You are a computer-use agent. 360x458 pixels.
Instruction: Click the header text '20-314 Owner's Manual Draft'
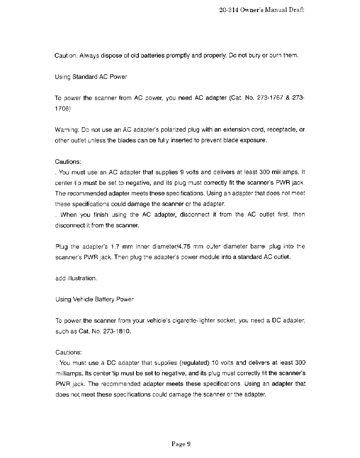[262, 10]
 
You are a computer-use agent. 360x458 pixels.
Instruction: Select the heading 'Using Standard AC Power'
[91, 77]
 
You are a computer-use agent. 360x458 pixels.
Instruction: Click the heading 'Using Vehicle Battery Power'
[95, 300]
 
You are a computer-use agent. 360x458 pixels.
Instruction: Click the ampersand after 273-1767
[288, 98]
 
